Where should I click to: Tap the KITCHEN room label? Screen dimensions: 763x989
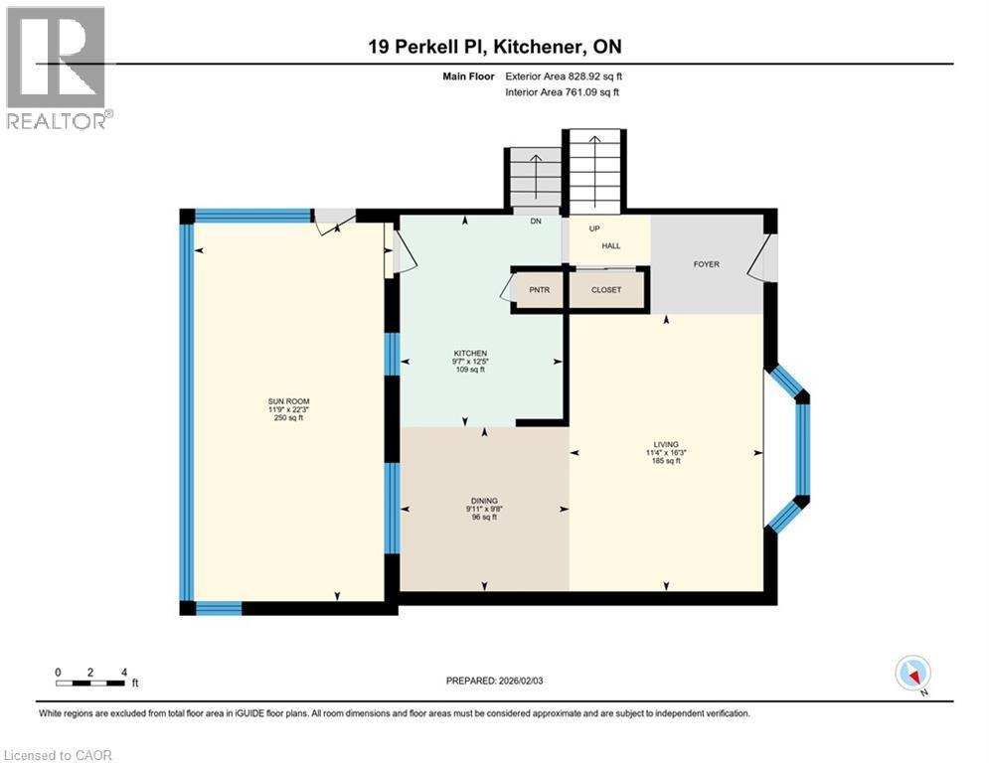[470, 354]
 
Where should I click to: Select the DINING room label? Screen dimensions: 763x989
[484, 501]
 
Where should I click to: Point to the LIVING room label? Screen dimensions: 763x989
[664, 445]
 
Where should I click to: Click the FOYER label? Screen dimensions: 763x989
[707, 264]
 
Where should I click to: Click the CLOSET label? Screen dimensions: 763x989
[605, 290]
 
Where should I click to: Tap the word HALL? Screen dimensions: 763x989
[609, 246]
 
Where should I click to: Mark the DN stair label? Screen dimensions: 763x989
[535, 222]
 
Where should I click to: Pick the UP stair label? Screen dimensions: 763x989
[595, 228]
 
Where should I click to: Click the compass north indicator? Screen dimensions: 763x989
[912, 673]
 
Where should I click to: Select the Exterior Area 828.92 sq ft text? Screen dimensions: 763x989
[565, 76]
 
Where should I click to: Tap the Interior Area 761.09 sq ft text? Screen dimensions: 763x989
[563, 92]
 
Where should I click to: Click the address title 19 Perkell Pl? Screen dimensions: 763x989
[494, 47]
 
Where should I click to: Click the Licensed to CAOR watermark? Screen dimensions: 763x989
[58, 755]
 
